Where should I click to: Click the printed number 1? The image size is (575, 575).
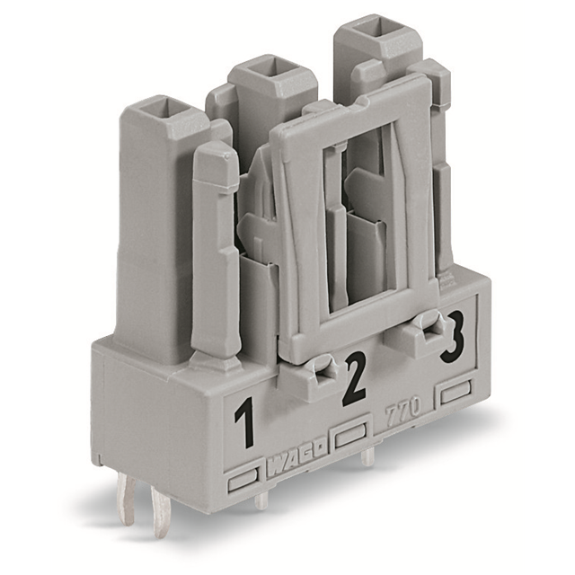click(243, 425)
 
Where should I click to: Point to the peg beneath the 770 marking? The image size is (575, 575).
click(367, 456)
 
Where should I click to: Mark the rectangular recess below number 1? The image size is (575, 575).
click(244, 482)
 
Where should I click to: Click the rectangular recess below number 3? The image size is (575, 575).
click(456, 393)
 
